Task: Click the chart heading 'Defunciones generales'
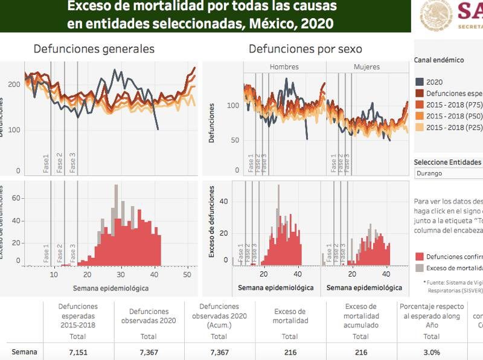(x=94, y=49)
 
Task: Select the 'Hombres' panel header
(x=284, y=66)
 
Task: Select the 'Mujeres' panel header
(x=366, y=66)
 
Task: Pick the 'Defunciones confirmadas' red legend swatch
(x=419, y=257)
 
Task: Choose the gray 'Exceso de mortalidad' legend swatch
(x=419, y=268)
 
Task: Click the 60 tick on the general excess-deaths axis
(x=16, y=198)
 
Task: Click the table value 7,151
(x=78, y=352)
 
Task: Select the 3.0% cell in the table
(x=431, y=352)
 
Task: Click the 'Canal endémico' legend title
(x=439, y=60)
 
